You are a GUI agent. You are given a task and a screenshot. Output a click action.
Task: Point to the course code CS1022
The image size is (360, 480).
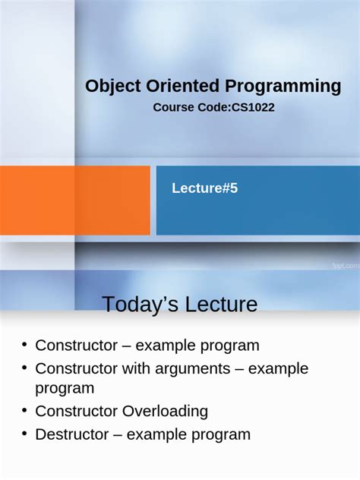(253, 108)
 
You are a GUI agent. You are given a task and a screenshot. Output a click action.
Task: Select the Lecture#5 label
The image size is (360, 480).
(204, 188)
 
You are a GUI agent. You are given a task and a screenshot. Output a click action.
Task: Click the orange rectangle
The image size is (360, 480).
(74, 201)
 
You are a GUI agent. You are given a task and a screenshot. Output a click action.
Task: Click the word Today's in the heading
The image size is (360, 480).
(139, 305)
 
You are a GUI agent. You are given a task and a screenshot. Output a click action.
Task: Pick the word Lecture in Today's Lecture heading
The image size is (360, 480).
(221, 305)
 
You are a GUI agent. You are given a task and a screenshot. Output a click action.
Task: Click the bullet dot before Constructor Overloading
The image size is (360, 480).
(24, 411)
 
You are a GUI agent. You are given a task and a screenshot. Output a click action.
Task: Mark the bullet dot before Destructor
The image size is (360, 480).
(24, 434)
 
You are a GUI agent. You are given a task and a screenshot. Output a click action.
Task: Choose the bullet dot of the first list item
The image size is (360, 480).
(24, 345)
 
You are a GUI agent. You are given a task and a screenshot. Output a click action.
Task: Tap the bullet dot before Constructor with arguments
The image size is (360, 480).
(24, 368)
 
